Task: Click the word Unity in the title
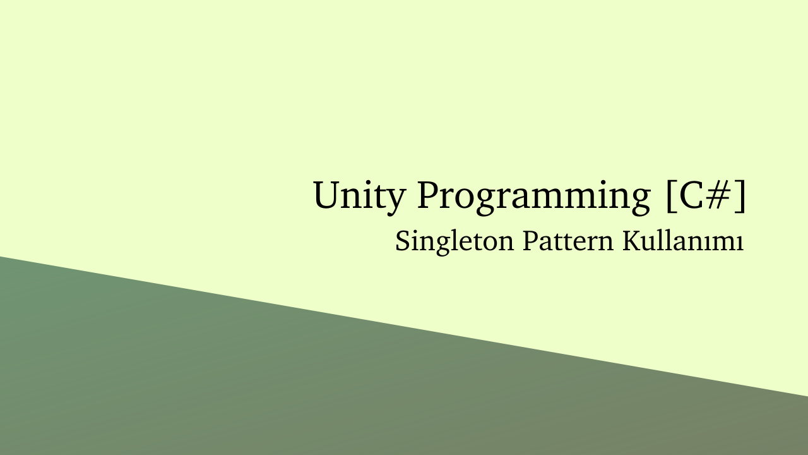[358, 197]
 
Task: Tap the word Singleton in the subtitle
[454, 242]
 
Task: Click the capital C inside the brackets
[691, 195]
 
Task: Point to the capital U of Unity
[328, 195]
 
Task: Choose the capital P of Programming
[429, 195]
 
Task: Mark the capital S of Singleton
[403, 241]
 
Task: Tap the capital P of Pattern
[532, 241]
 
